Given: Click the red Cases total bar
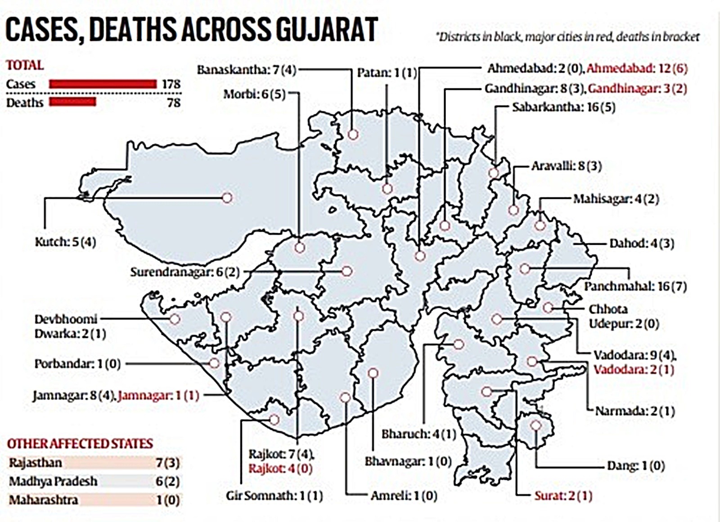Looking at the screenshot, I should [103, 84].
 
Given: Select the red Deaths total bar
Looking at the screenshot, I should [72, 102].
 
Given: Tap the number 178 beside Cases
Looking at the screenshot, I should [171, 84].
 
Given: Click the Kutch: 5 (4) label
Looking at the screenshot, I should [66, 242].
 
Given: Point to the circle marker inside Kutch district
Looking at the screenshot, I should [227, 198].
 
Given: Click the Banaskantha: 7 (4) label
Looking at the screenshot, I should [247, 70].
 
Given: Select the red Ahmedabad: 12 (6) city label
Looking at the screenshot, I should [637, 68].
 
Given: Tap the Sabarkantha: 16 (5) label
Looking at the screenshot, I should [563, 107].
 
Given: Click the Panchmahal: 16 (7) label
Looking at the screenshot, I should [635, 286].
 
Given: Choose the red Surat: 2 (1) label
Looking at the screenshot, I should [563, 496].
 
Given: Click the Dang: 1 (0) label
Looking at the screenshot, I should [635, 465].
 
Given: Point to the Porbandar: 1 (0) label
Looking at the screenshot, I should [77, 364].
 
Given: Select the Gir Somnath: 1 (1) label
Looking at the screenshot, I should [274, 496].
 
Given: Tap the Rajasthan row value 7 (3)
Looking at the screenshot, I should [167, 463].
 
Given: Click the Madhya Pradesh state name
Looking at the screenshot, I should [53, 481].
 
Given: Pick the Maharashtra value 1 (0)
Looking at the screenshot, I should [167, 500].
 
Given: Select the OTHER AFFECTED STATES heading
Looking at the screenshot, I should [80, 444].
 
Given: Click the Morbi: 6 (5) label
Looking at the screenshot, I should [255, 94].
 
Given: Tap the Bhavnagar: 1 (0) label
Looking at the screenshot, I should [408, 461].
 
